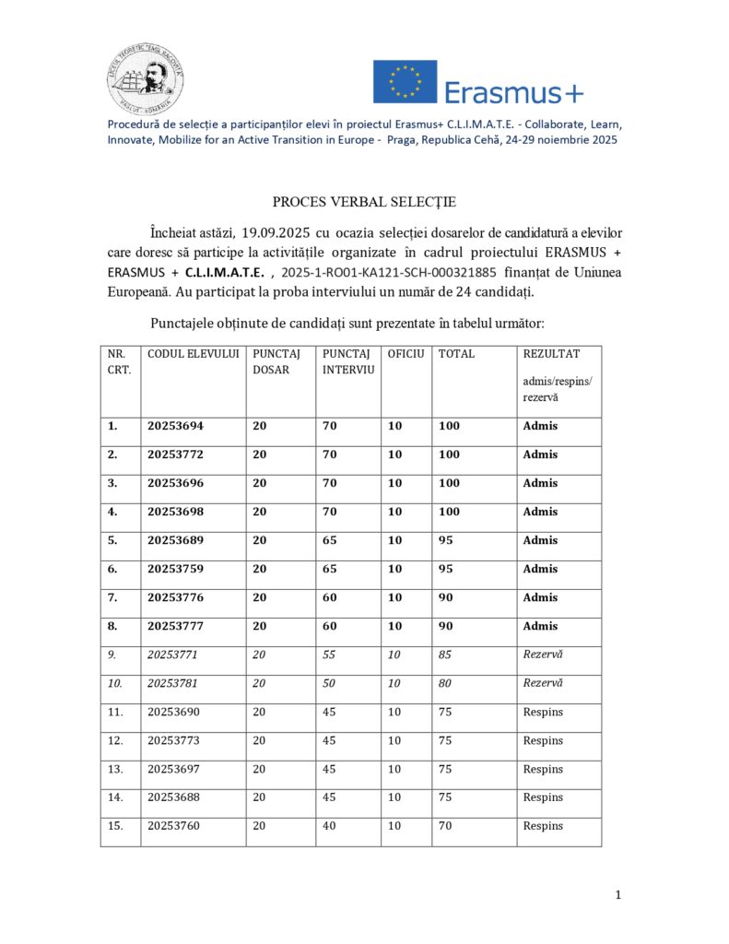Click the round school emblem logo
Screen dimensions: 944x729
point(145,80)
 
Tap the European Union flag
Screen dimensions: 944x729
point(405,82)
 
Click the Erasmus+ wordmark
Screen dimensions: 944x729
point(514,92)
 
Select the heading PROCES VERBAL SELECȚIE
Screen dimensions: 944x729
point(364,202)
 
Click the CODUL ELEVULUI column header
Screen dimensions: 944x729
point(194,354)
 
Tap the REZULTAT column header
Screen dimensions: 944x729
point(551,354)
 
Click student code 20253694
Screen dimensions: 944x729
point(175,426)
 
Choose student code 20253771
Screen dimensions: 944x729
point(175,655)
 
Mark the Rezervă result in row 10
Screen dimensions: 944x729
point(543,683)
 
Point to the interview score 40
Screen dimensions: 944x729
point(329,826)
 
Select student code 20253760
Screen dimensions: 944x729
point(175,826)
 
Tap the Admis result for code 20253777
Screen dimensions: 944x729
point(540,626)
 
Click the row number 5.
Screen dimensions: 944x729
point(113,540)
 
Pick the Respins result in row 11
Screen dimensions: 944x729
point(543,712)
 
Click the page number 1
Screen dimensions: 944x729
point(618,894)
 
